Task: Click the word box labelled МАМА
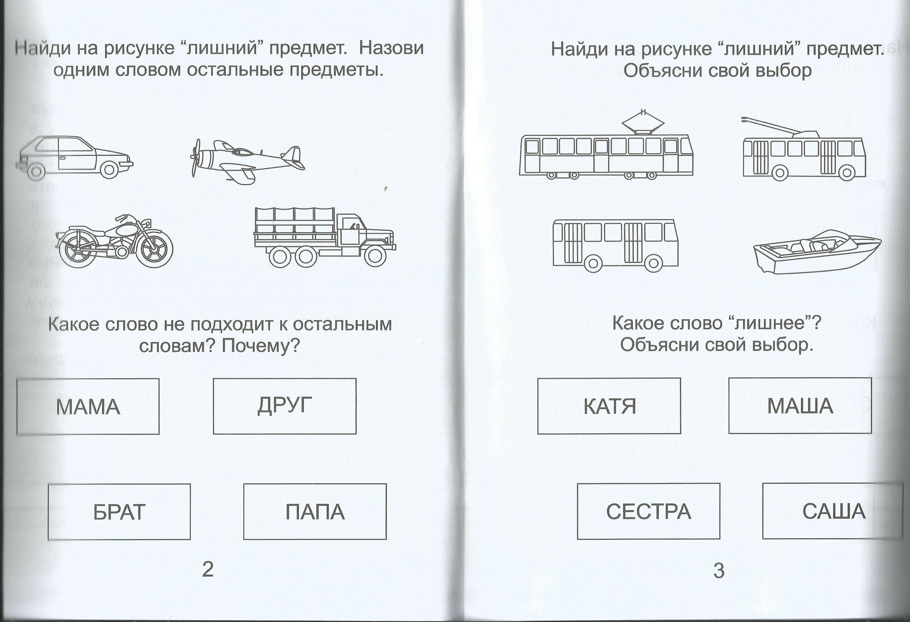click(88, 406)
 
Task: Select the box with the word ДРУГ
click(284, 406)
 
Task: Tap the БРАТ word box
click(119, 512)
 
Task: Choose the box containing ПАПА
click(315, 512)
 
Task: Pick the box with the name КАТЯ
click(609, 406)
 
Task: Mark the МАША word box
click(800, 406)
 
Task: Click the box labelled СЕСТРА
click(648, 512)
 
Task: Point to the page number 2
click(207, 569)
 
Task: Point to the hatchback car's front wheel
click(109, 170)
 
